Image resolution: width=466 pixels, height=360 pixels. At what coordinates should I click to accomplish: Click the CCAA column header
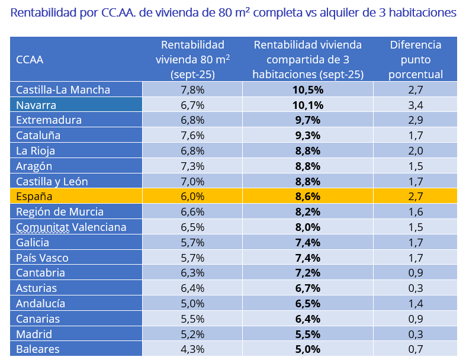30,60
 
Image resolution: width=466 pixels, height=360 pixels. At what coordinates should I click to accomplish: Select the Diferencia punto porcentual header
416,60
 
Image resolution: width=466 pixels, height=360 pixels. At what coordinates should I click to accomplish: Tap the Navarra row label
36,105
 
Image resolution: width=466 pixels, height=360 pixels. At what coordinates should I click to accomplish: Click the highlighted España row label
34,196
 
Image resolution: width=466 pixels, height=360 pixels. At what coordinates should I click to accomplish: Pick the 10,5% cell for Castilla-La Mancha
308,90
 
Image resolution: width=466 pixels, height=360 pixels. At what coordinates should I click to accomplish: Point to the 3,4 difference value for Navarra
416,105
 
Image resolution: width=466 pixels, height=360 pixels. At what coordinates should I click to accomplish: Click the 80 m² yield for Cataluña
192,136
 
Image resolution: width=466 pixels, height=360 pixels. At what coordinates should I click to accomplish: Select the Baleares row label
38,349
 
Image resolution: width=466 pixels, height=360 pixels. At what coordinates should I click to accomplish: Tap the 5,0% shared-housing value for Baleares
308,349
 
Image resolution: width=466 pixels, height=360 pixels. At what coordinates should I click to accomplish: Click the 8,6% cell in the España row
308,196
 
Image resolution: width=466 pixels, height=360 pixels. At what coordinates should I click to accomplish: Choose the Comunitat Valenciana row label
71,227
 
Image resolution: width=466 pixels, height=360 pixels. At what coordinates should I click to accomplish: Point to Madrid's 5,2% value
192,333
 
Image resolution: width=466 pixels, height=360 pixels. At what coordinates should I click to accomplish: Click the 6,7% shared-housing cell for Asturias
308,288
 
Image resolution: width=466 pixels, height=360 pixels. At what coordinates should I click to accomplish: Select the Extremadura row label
49,120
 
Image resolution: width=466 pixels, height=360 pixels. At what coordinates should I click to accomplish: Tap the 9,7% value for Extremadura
308,120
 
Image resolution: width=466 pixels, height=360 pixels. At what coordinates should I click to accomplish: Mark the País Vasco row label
42,258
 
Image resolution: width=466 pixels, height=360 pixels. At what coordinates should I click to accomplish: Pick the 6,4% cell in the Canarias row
308,319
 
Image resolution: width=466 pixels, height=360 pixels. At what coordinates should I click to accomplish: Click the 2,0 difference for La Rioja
416,150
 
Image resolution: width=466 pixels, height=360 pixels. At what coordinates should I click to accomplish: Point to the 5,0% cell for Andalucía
192,303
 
